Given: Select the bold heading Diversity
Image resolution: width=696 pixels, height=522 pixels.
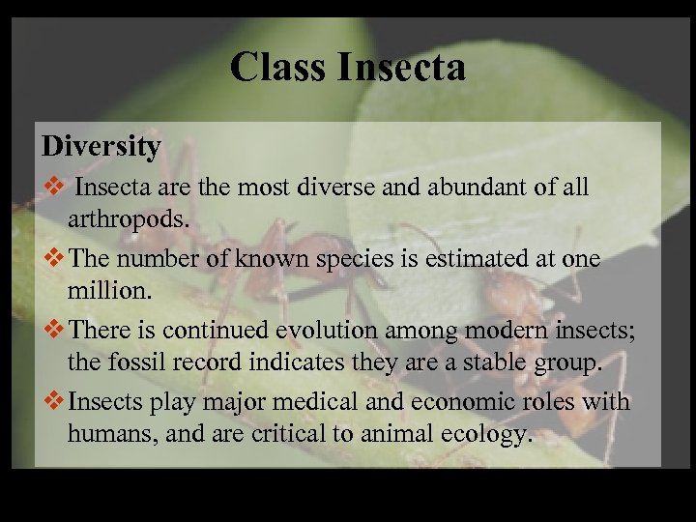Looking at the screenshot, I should point(101,146).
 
